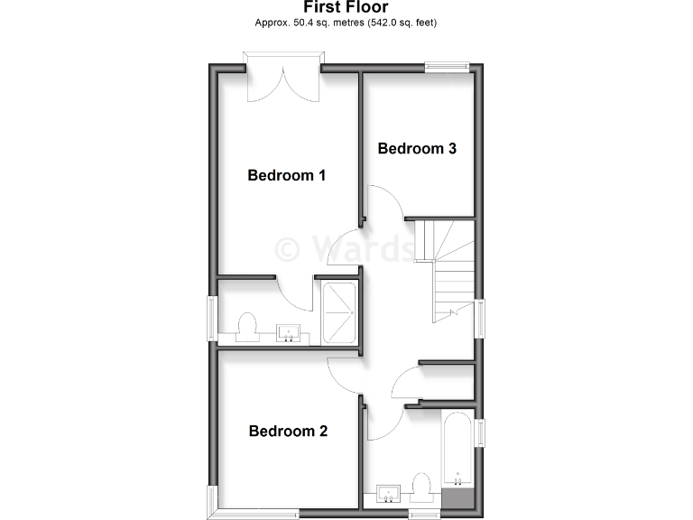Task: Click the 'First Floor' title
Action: click(346, 7)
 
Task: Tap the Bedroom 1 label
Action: click(286, 175)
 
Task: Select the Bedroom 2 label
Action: click(288, 432)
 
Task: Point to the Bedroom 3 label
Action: click(416, 148)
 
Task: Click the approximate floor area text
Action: click(346, 23)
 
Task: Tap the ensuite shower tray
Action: click(339, 312)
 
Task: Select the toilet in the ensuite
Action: click(247, 326)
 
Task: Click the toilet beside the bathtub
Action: click(421, 487)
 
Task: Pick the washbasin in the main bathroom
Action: click(388, 493)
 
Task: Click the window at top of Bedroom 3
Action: click(448, 65)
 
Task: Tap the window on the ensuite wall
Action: click(213, 316)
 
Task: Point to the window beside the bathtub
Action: click(480, 432)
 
